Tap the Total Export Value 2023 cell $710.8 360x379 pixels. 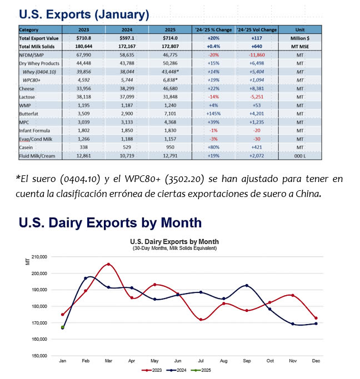pos(84,38)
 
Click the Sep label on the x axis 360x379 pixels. pos(247,361)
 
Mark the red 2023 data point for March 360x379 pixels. pos(108,264)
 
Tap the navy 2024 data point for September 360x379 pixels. pos(247,285)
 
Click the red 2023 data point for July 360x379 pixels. pos(201,320)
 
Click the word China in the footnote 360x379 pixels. pos(310,194)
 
